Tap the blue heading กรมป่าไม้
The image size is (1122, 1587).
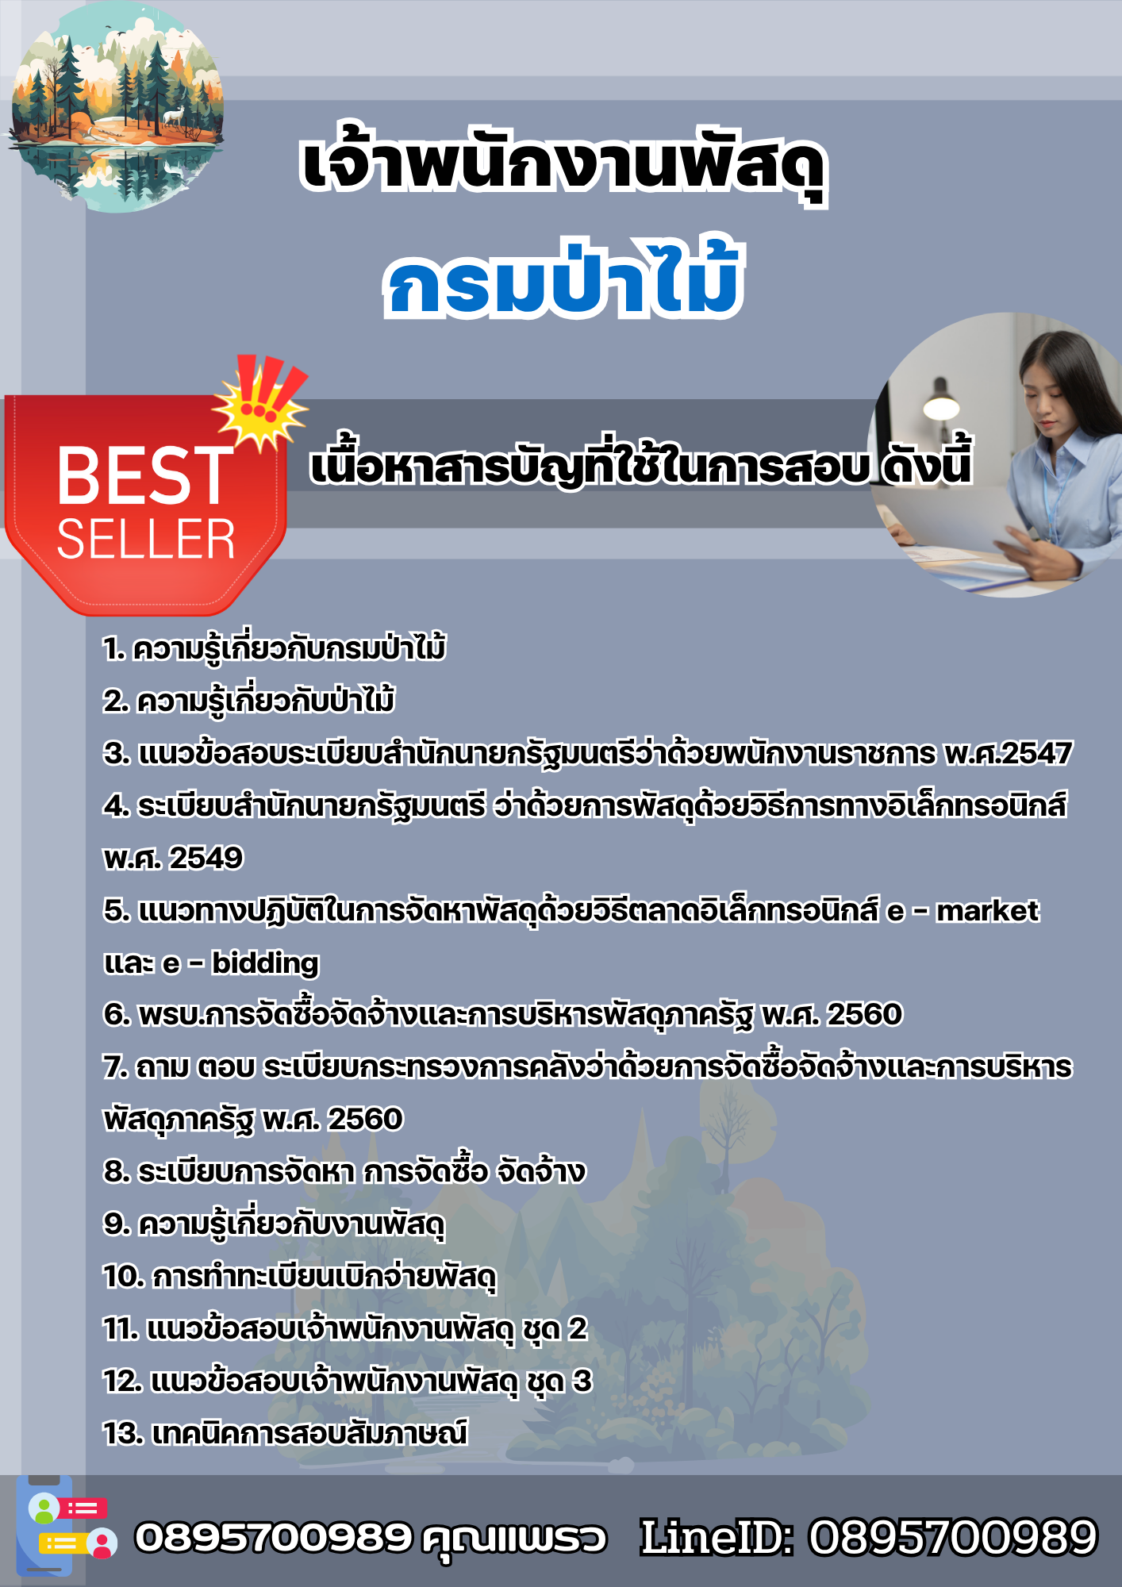tap(563, 279)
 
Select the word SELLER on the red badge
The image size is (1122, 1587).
tap(146, 540)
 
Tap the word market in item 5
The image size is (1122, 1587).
tap(987, 910)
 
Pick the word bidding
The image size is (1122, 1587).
tap(265, 963)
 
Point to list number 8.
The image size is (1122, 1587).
tap(117, 1171)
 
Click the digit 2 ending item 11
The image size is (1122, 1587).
tap(578, 1328)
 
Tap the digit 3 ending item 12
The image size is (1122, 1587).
tap(582, 1381)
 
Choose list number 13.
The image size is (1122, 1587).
tap(124, 1433)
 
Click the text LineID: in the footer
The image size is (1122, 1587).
tap(717, 1537)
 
